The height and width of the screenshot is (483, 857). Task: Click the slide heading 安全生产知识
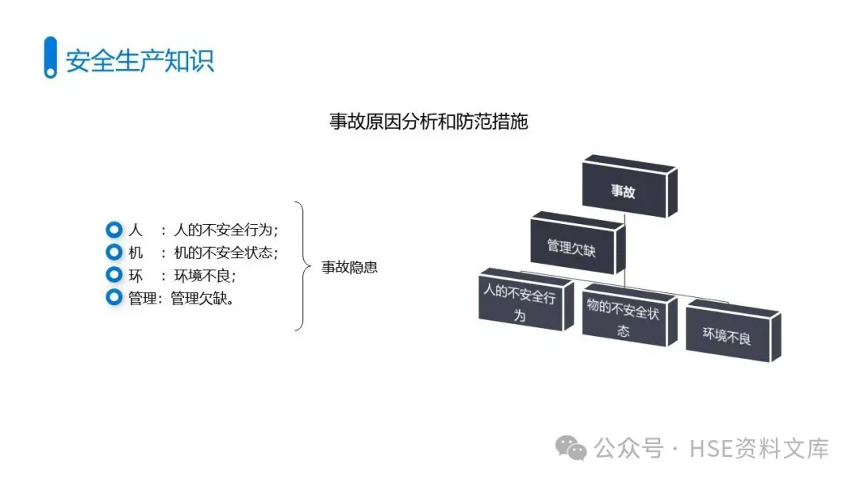(x=140, y=61)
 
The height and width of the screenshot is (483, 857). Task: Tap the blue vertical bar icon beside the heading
(x=50, y=57)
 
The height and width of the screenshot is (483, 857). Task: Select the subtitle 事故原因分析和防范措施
(x=428, y=122)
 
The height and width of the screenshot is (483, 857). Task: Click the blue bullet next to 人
(x=114, y=230)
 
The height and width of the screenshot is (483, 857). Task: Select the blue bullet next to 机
(x=114, y=253)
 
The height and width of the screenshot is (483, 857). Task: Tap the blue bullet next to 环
(x=114, y=275)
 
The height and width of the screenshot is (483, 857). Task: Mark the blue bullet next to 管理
(x=114, y=298)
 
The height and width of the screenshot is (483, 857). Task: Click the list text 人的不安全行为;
(x=226, y=230)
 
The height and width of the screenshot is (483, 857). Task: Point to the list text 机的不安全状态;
(x=226, y=253)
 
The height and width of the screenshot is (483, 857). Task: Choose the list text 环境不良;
(x=205, y=276)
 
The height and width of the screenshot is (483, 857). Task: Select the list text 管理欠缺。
(x=202, y=299)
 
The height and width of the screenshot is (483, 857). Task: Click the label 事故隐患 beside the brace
(x=349, y=267)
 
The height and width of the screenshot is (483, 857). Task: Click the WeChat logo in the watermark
(x=571, y=448)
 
